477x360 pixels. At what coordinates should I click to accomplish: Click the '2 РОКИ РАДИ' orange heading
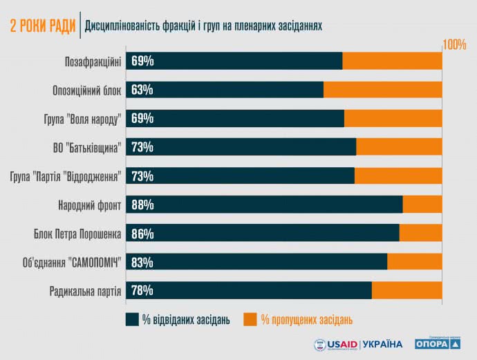43,26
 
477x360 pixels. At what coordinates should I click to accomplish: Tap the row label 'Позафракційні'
93,61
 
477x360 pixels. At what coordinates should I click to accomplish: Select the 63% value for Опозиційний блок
142,90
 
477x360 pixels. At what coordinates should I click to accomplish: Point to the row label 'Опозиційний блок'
87,91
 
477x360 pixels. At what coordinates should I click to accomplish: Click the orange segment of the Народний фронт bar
422,205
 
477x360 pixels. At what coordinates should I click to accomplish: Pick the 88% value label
142,205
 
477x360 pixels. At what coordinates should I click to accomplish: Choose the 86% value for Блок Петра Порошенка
142,234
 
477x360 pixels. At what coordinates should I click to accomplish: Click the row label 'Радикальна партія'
86,291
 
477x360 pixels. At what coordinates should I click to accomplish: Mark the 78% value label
142,291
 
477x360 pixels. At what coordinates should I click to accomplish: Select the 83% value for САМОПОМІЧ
142,262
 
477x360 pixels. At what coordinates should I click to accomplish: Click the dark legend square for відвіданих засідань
132,319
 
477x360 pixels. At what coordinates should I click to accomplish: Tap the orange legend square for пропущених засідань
250,319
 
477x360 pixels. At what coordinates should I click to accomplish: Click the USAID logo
336,343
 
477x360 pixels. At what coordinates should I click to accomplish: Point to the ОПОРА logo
436,342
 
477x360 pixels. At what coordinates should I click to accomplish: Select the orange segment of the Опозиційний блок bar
382,90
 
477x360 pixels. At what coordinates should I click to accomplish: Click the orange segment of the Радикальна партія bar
406,291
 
